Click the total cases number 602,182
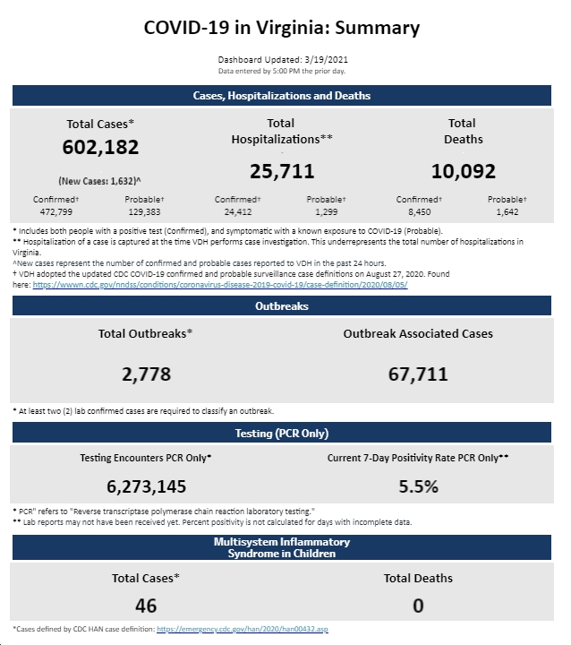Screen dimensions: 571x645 pyautogui.click(x=101, y=147)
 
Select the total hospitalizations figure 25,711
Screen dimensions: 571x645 pyautogui.click(x=282, y=171)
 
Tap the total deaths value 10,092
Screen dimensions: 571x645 pyautogui.click(x=464, y=171)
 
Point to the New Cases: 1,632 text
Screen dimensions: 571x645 pyautogui.click(x=99, y=181)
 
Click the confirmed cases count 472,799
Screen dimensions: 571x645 pyautogui.click(x=55, y=212)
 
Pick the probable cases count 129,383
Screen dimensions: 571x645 pyautogui.click(x=144, y=212)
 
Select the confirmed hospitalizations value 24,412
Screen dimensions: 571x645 pyautogui.click(x=237, y=212)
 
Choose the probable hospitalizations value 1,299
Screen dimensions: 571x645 pyautogui.click(x=327, y=212)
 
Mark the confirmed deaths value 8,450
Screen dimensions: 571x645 pyautogui.click(x=420, y=212)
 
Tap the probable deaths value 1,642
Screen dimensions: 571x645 pyautogui.click(x=507, y=212)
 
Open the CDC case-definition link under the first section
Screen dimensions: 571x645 pyautogui.click(x=220, y=285)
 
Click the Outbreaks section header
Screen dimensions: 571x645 pyautogui.click(x=282, y=306)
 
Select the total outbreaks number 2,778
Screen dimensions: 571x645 pyautogui.click(x=147, y=374)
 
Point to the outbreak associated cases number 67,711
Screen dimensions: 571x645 pyautogui.click(x=418, y=374)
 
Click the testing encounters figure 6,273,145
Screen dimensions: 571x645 pyautogui.click(x=147, y=486)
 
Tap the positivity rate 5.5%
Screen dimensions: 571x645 pyautogui.click(x=419, y=486)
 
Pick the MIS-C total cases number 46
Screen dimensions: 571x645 pyautogui.click(x=146, y=606)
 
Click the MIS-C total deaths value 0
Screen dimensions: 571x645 pyautogui.click(x=418, y=606)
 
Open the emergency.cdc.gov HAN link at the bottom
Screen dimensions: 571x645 pyautogui.click(x=243, y=629)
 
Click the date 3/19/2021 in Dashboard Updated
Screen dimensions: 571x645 pyautogui.click(x=327, y=60)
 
